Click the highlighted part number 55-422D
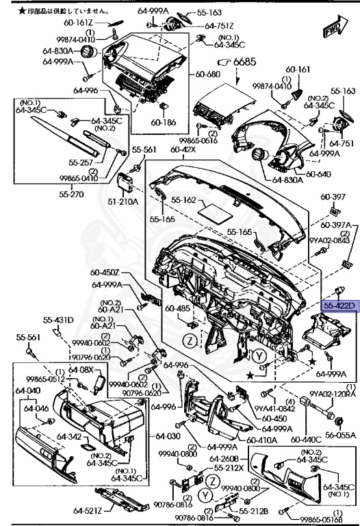coord(339,305)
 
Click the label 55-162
coord(184,200)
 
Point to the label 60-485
coord(177,309)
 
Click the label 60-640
coord(319,174)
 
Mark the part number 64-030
coord(168,436)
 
